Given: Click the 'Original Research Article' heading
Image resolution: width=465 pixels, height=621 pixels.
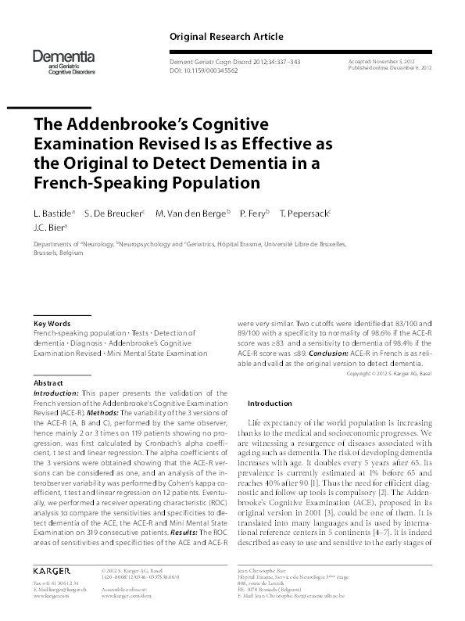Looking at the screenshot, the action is pos(226,37).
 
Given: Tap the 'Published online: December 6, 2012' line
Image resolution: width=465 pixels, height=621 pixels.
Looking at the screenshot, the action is pos(391,68).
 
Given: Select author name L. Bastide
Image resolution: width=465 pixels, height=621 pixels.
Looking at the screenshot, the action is pos(53,213).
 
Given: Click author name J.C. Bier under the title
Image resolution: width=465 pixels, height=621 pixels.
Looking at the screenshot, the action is pos(50,228).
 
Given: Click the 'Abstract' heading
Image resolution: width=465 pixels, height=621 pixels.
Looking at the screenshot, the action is pos(48,382).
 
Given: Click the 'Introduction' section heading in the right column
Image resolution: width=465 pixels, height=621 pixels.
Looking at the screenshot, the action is pos(270,403).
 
